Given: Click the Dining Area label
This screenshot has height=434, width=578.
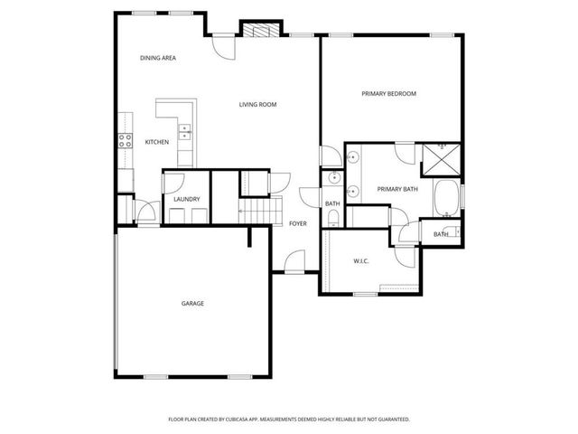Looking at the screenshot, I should (x=157, y=58).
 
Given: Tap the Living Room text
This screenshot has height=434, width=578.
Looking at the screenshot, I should (x=257, y=105).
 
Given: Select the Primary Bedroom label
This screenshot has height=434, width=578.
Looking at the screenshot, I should (x=388, y=94).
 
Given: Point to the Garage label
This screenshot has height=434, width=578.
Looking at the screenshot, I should (x=192, y=303).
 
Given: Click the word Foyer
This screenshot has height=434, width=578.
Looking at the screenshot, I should (x=297, y=223).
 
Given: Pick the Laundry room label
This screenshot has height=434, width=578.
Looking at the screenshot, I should (x=186, y=199).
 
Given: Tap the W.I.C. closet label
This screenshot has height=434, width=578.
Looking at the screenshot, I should (x=361, y=261).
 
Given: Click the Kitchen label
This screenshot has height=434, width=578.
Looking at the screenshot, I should (x=157, y=143).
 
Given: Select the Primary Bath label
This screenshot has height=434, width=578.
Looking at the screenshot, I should (x=397, y=189).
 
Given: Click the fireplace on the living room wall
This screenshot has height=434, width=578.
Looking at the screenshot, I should (x=261, y=31).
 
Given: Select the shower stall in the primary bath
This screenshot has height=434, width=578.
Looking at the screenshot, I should (x=442, y=160).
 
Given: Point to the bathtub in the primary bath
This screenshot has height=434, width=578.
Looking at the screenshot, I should (x=446, y=198).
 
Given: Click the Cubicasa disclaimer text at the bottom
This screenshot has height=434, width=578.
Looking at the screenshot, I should (x=289, y=420).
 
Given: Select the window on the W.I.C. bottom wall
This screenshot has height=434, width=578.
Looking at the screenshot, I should (x=365, y=294).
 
